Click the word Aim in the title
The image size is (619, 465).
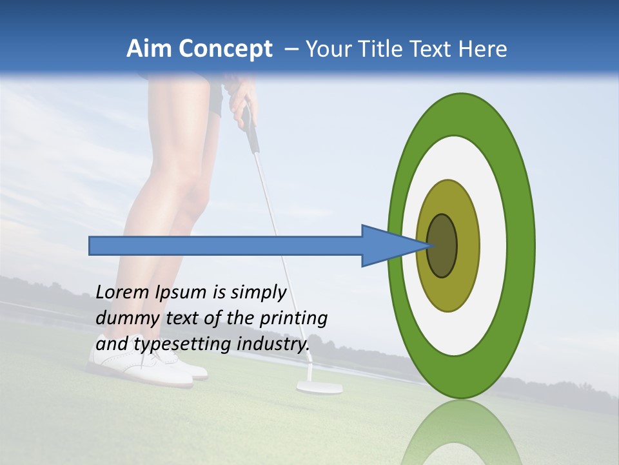149,49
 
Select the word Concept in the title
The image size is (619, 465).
226,49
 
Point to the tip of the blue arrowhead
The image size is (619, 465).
429,245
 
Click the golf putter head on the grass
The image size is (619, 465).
319,387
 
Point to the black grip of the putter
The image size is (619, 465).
250,129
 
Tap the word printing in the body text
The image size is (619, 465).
293,318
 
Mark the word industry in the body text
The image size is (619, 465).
273,344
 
